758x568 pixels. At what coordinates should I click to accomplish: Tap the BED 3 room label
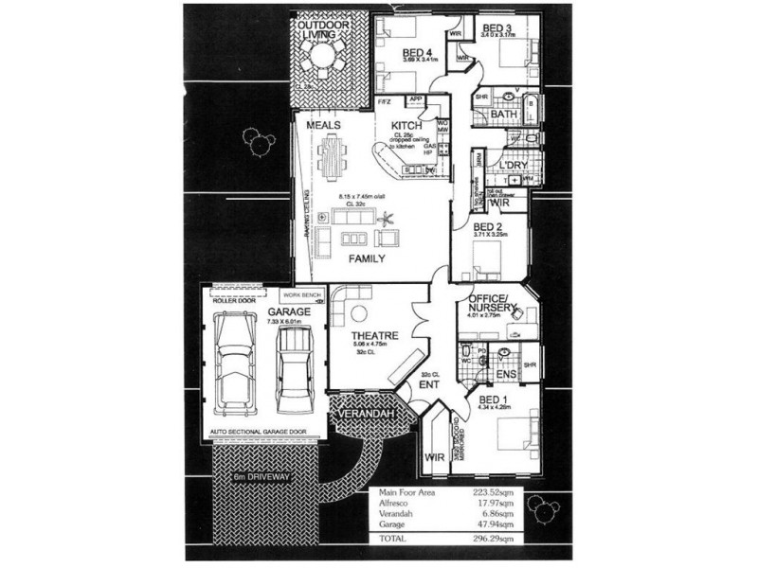pos(496,27)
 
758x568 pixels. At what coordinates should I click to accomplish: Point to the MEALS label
pos(323,125)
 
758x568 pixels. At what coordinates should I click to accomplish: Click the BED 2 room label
pos(487,227)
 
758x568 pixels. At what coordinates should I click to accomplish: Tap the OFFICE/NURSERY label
pos(491,303)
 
